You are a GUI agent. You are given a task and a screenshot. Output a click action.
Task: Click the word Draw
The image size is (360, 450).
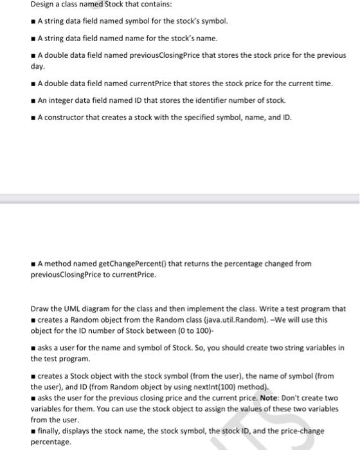(40, 308)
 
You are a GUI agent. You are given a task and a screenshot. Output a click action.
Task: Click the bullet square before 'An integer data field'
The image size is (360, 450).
(33, 102)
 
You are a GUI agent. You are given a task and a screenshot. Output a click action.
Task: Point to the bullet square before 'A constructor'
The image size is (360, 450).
(33, 118)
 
